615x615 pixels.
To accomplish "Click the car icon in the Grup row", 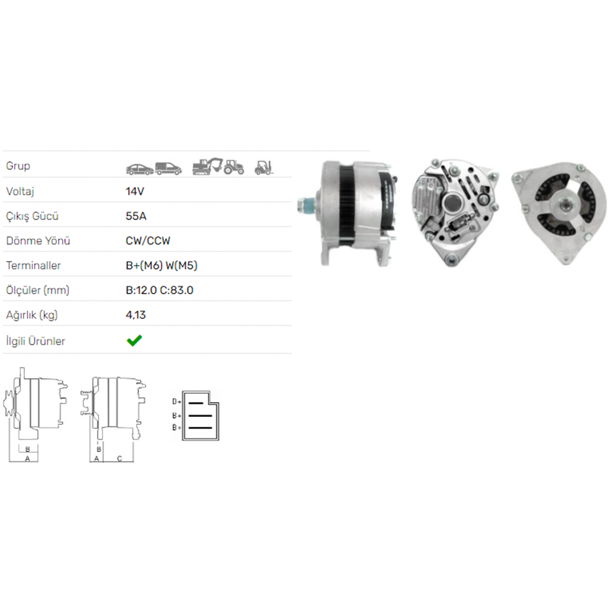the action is pos(140,169).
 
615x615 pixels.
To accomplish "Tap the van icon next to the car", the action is pos(169,169).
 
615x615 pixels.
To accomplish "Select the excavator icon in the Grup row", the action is pos(207,166).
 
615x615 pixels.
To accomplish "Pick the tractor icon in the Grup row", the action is pos(234,167).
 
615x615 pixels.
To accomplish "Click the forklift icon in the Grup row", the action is pos(264,168).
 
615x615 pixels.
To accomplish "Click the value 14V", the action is pos(135,191).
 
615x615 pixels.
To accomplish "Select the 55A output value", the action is pos(136,216).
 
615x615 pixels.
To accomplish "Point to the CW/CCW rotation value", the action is pos(148,241).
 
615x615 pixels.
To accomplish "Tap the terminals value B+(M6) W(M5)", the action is pos(162,266).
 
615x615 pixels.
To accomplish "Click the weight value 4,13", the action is pos(136,315).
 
